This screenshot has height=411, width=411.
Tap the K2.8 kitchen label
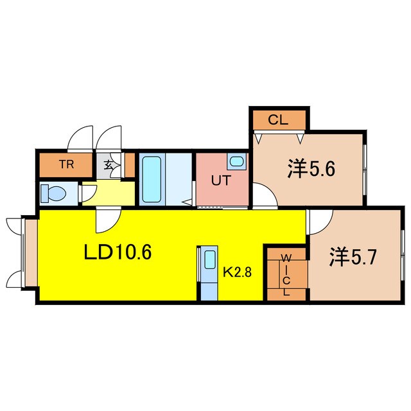click(x=237, y=271)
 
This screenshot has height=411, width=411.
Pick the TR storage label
click(x=66, y=164)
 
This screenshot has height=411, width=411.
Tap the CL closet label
click(x=277, y=119)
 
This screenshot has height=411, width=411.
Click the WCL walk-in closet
click(x=286, y=274)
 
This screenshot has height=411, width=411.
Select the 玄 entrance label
click(x=107, y=165)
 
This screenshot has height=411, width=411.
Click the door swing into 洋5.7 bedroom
click(x=318, y=222)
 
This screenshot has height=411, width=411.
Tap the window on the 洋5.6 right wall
click(x=364, y=168)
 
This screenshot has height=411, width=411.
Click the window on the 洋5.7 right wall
click(x=401, y=256)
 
